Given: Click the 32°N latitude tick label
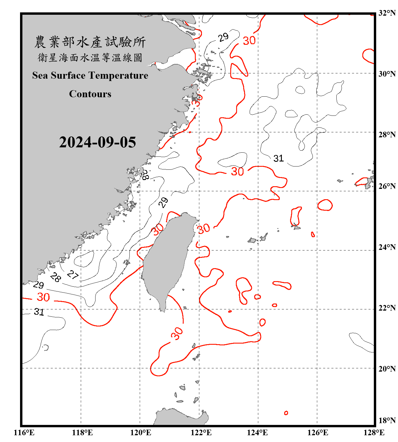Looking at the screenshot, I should click(x=387, y=13).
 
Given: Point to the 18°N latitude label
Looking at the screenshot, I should click(x=387, y=420).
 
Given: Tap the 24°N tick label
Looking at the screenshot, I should click(x=387, y=247).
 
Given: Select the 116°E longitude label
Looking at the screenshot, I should click(x=24, y=433).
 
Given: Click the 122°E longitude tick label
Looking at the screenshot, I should click(x=201, y=433).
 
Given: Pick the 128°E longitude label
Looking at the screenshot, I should click(x=374, y=433).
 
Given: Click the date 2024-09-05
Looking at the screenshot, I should click(x=97, y=142).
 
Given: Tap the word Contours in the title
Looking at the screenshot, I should click(x=90, y=94).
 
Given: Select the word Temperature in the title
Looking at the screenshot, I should click(x=118, y=75).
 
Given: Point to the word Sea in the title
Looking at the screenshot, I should click(x=40, y=75).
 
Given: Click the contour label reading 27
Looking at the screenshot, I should click(x=73, y=275).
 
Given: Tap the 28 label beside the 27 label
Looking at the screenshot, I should click(x=55, y=277).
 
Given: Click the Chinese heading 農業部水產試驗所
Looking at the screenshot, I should click(x=90, y=42).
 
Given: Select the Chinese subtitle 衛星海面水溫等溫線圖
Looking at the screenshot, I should click(x=90, y=58).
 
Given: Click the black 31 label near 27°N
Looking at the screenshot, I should click(x=278, y=159).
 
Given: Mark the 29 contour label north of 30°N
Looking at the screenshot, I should click(x=223, y=37).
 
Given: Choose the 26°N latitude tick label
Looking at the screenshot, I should click(x=387, y=186).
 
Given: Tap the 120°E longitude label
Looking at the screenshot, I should click(x=141, y=433).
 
